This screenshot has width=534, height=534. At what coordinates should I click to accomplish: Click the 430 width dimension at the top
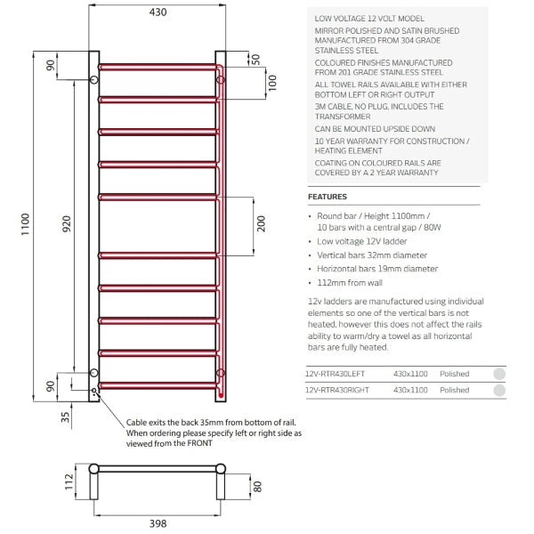(x=157, y=12)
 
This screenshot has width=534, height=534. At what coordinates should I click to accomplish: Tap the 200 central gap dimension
(x=261, y=223)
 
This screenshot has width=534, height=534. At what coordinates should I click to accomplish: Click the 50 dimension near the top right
(x=255, y=59)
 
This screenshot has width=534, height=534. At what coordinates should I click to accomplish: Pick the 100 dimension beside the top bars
(x=272, y=83)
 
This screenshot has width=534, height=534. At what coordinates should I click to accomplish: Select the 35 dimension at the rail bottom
(x=66, y=416)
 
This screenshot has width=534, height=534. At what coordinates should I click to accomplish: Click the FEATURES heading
(x=327, y=197)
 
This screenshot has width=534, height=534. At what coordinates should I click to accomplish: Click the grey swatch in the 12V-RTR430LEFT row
(x=499, y=375)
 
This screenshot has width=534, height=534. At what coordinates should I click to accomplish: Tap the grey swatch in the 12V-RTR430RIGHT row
(x=499, y=390)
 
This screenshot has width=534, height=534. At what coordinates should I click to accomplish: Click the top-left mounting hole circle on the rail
(x=94, y=81)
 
